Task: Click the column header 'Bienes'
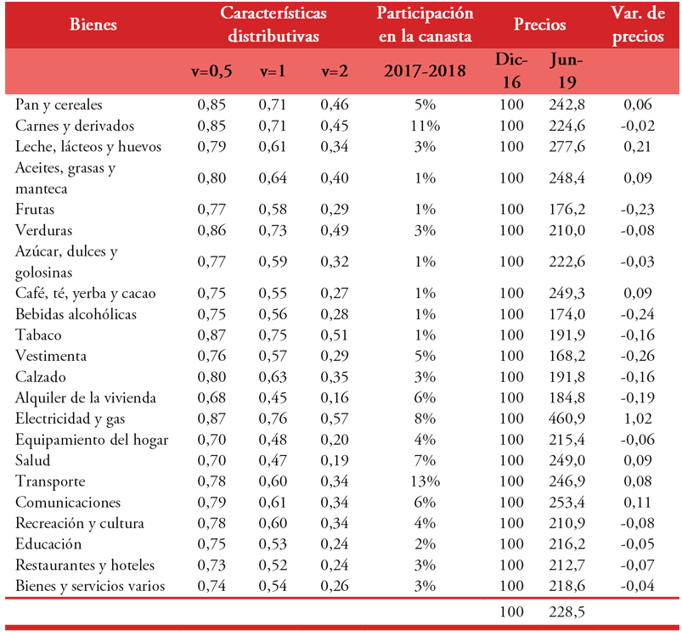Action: click(93, 25)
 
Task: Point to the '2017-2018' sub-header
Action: click(425, 71)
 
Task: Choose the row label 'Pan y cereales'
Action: click(59, 105)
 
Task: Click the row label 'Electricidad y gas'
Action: click(70, 419)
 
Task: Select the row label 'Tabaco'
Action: click(38, 335)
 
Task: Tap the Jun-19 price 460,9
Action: click(562, 419)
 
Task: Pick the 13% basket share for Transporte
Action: click(425, 482)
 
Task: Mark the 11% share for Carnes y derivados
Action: click(425, 126)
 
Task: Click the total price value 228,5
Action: click(562, 611)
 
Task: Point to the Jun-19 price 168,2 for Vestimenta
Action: click(562, 356)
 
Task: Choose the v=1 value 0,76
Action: click(272, 419)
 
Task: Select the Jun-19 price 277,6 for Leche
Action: click(562, 147)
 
